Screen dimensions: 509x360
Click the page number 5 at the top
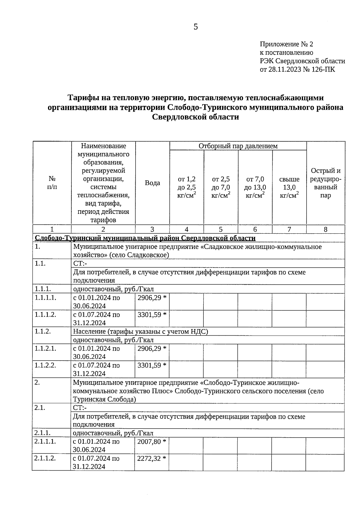click(196, 27)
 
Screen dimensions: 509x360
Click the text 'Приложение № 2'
click(286, 44)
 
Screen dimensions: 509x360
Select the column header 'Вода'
click(152, 183)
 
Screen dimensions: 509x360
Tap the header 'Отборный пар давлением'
click(238, 146)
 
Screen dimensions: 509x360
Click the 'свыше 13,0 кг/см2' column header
click(289, 187)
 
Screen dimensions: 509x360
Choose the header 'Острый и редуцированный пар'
click(325, 183)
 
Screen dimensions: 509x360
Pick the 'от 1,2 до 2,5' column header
click(187, 187)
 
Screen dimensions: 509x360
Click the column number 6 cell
click(255, 229)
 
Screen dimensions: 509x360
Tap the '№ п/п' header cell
click(52, 183)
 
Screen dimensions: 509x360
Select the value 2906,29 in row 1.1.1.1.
click(149, 298)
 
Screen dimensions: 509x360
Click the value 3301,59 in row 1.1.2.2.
click(149, 365)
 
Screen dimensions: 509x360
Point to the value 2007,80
click(149, 442)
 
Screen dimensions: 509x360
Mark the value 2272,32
click(149, 458)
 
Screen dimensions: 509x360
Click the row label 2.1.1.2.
click(45, 458)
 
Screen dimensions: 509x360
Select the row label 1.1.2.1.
click(45, 349)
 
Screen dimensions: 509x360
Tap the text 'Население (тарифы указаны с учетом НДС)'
click(140, 331)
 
